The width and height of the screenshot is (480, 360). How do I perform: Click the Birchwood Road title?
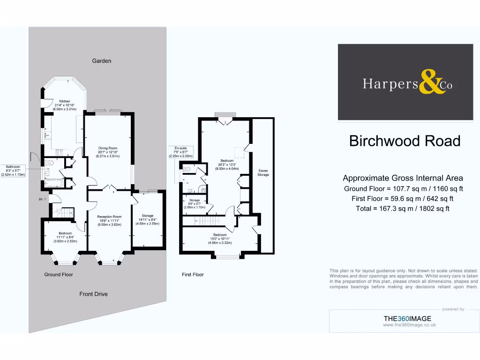[x=405, y=141]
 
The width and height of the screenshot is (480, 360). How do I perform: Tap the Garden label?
[x=101, y=61]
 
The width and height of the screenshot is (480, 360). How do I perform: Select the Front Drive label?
[x=93, y=294]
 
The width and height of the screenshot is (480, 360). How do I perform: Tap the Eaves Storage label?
[x=263, y=172]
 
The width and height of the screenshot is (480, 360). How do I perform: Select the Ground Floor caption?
[x=59, y=274]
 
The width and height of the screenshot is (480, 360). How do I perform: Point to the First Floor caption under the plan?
[x=193, y=274]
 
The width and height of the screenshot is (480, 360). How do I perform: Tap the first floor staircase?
[x=207, y=221]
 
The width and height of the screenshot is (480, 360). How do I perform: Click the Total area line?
[x=403, y=209]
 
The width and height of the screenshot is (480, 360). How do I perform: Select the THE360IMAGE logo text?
[x=407, y=319]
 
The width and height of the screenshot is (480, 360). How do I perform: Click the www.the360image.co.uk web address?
[x=409, y=324]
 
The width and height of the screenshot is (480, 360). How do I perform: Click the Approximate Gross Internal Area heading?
[x=403, y=178]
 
